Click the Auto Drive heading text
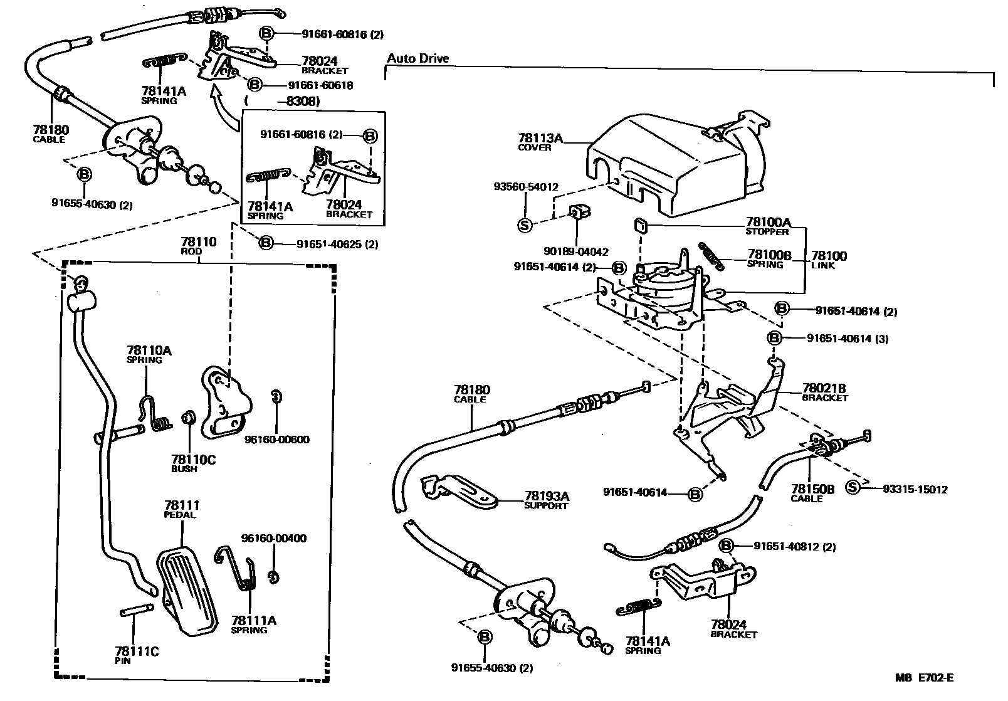point(417,59)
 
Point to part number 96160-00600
point(276,440)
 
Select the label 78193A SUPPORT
point(546,500)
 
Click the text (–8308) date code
point(282,101)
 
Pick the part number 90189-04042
point(575,251)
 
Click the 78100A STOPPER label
point(767,226)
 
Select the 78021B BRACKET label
point(824,392)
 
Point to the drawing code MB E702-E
point(925,677)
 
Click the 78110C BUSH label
point(192,463)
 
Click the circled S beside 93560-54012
point(525,224)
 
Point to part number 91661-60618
point(320,85)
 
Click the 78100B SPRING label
point(769,259)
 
